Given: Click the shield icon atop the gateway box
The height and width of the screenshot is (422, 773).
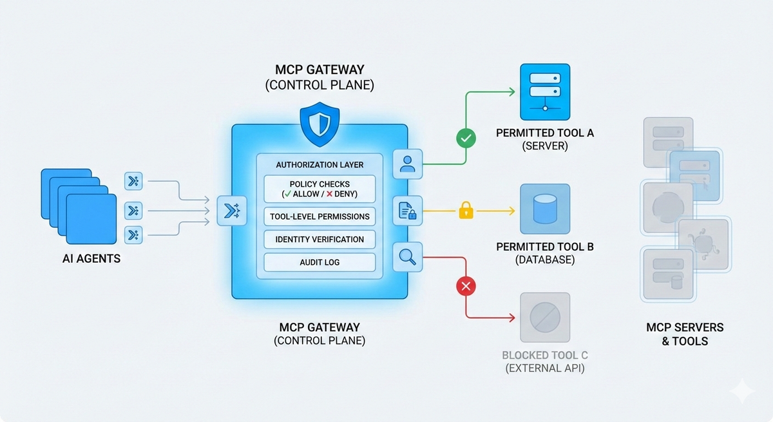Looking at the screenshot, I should [x=320, y=124].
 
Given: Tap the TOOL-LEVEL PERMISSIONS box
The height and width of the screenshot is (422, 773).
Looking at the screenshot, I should [x=320, y=216].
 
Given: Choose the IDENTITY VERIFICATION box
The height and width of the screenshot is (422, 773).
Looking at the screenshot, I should [x=320, y=239].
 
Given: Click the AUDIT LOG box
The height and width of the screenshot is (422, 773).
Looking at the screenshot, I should [x=320, y=262].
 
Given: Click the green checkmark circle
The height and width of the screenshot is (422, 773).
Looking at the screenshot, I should [x=465, y=138].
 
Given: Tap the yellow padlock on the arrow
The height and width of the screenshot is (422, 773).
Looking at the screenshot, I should [x=466, y=210].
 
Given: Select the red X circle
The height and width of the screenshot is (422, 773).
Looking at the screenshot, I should [x=465, y=285].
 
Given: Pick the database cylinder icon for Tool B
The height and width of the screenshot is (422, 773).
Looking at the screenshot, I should [x=545, y=209].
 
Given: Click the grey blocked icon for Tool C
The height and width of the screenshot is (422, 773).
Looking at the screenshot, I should [x=545, y=317].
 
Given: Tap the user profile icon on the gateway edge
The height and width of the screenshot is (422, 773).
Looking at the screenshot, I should [x=407, y=164].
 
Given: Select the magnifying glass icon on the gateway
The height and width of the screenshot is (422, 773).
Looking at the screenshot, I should [x=407, y=257].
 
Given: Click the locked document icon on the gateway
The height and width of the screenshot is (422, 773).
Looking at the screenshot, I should [x=407, y=211].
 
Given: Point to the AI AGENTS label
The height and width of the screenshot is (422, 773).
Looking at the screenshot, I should [x=91, y=259].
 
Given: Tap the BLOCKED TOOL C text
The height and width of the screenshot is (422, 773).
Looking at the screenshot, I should [x=545, y=356].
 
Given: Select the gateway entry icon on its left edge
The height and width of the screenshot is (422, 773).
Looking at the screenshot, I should [x=232, y=211].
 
